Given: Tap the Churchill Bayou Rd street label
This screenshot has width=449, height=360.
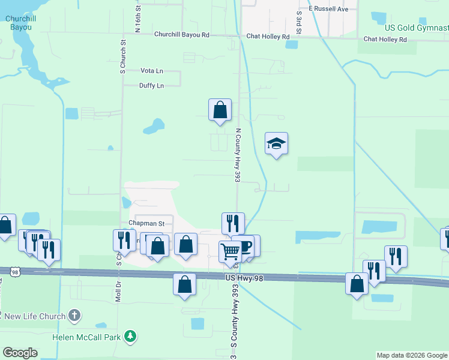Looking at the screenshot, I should [x=182, y=35].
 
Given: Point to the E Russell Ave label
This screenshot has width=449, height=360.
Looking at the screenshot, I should [x=328, y=10].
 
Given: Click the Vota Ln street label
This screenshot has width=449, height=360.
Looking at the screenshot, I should [x=151, y=71].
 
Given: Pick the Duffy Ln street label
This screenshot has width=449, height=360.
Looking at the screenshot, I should [x=151, y=86].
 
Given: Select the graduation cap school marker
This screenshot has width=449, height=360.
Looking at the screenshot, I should [x=276, y=144].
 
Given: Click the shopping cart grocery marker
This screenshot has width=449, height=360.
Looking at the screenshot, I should [x=230, y=252].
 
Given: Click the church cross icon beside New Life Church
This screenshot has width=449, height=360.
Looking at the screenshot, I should [x=74, y=315].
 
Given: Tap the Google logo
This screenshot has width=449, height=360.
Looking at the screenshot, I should [x=20, y=353].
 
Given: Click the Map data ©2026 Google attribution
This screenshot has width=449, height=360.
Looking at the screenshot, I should [x=412, y=355].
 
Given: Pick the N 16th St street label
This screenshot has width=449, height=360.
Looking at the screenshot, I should [x=138, y=19].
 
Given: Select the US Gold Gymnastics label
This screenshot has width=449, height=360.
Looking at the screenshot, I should [x=416, y=28].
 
